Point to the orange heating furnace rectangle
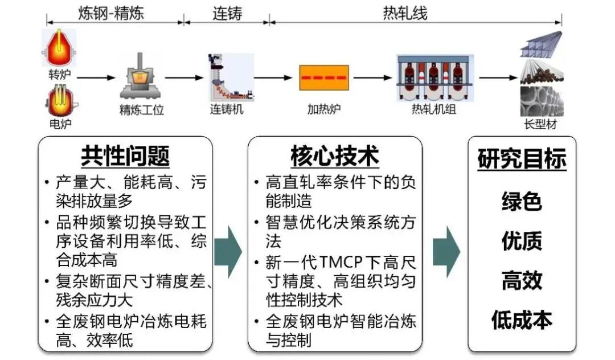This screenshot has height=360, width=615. [x=324, y=78]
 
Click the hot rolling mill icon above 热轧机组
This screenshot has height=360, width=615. [x=434, y=77]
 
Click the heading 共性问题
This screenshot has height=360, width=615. [x=125, y=155]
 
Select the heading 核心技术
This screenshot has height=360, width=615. [x=335, y=155]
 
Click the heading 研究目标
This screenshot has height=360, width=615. [x=522, y=159]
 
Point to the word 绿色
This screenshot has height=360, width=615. [x=522, y=201]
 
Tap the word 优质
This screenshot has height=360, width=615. [x=522, y=241]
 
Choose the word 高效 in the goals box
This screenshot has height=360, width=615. [x=522, y=280]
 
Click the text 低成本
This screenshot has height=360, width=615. [x=522, y=320]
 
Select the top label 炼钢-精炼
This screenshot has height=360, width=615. [x=111, y=13]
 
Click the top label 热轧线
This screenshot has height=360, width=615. [x=405, y=13]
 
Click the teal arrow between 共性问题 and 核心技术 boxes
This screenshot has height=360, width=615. [x=230, y=251]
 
